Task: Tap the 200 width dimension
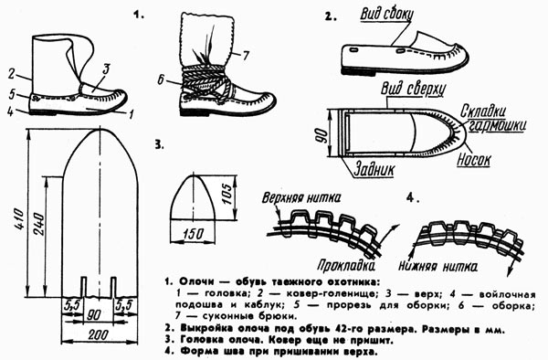point(99,334)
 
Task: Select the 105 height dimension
point(227,195)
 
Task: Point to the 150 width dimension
point(194,234)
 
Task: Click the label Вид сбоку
point(386,15)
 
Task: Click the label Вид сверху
point(413,89)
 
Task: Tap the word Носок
point(474,160)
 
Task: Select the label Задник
point(374,170)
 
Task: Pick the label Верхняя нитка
point(300,198)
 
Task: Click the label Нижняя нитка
point(437,267)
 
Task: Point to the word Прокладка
point(346,266)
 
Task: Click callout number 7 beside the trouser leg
point(246,55)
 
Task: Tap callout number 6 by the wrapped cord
point(161,80)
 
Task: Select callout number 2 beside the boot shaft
point(12,74)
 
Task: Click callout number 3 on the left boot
point(106,69)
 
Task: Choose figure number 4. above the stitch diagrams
point(413,198)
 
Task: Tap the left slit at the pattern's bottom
point(83,287)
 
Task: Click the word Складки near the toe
point(483,111)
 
